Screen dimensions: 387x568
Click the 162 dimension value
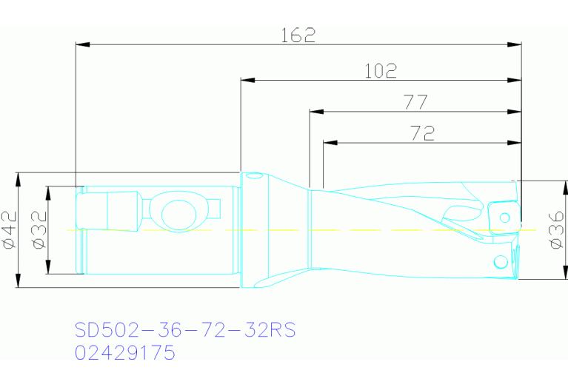coord(298,35)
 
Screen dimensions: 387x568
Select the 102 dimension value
coord(381,71)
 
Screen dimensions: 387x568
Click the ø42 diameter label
coord(10,229)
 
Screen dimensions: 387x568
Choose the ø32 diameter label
coord(39,229)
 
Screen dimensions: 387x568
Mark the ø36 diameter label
coord(556,230)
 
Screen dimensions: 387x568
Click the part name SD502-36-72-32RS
coord(185,329)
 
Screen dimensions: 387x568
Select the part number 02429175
coord(125,353)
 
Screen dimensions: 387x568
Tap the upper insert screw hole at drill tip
coord(504,218)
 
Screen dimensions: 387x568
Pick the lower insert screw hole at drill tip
coord(501,261)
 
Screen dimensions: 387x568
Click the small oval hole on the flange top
coord(254,176)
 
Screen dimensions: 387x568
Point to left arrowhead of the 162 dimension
coord(81,45)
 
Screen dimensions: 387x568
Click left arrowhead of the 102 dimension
coord(246,80)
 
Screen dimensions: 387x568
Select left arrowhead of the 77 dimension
coord(315,112)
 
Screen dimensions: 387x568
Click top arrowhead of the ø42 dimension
coord(17,178)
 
